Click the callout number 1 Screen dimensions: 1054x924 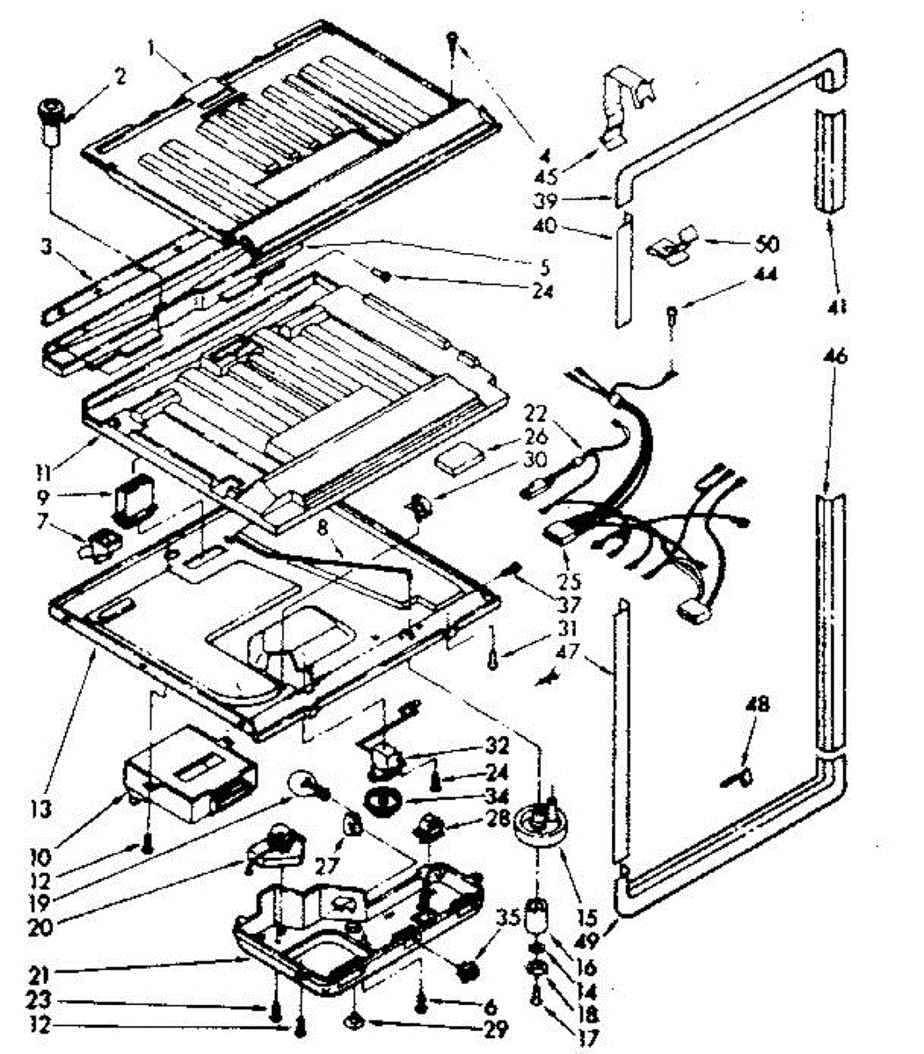pyautogui.click(x=153, y=51)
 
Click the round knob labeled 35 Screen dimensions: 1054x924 pyautogui.click(x=466, y=971)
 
